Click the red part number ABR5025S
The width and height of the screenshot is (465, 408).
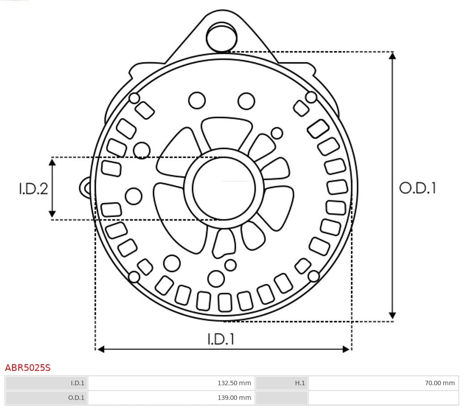(x=28, y=368)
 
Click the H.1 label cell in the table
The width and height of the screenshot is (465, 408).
(x=281, y=383)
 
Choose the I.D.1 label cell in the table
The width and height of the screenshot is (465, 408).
(x=46, y=383)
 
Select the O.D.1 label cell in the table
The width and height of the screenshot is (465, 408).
(x=46, y=397)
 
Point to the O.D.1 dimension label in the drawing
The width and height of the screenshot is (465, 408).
(x=418, y=188)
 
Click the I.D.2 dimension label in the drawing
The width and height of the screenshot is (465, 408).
(x=33, y=189)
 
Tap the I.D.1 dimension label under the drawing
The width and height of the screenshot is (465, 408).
(x=221, y=339)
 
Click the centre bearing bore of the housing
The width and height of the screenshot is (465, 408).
(x=224, y=189)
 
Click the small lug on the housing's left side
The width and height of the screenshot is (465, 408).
(x=85, y=188)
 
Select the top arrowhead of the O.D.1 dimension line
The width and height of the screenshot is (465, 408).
(x=392, y=56)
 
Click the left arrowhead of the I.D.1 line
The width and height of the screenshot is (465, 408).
(x=101, y=349)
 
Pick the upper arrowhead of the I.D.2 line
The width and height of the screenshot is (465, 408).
(x=52, y=162)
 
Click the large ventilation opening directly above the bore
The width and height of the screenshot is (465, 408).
(x=226, y=131)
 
